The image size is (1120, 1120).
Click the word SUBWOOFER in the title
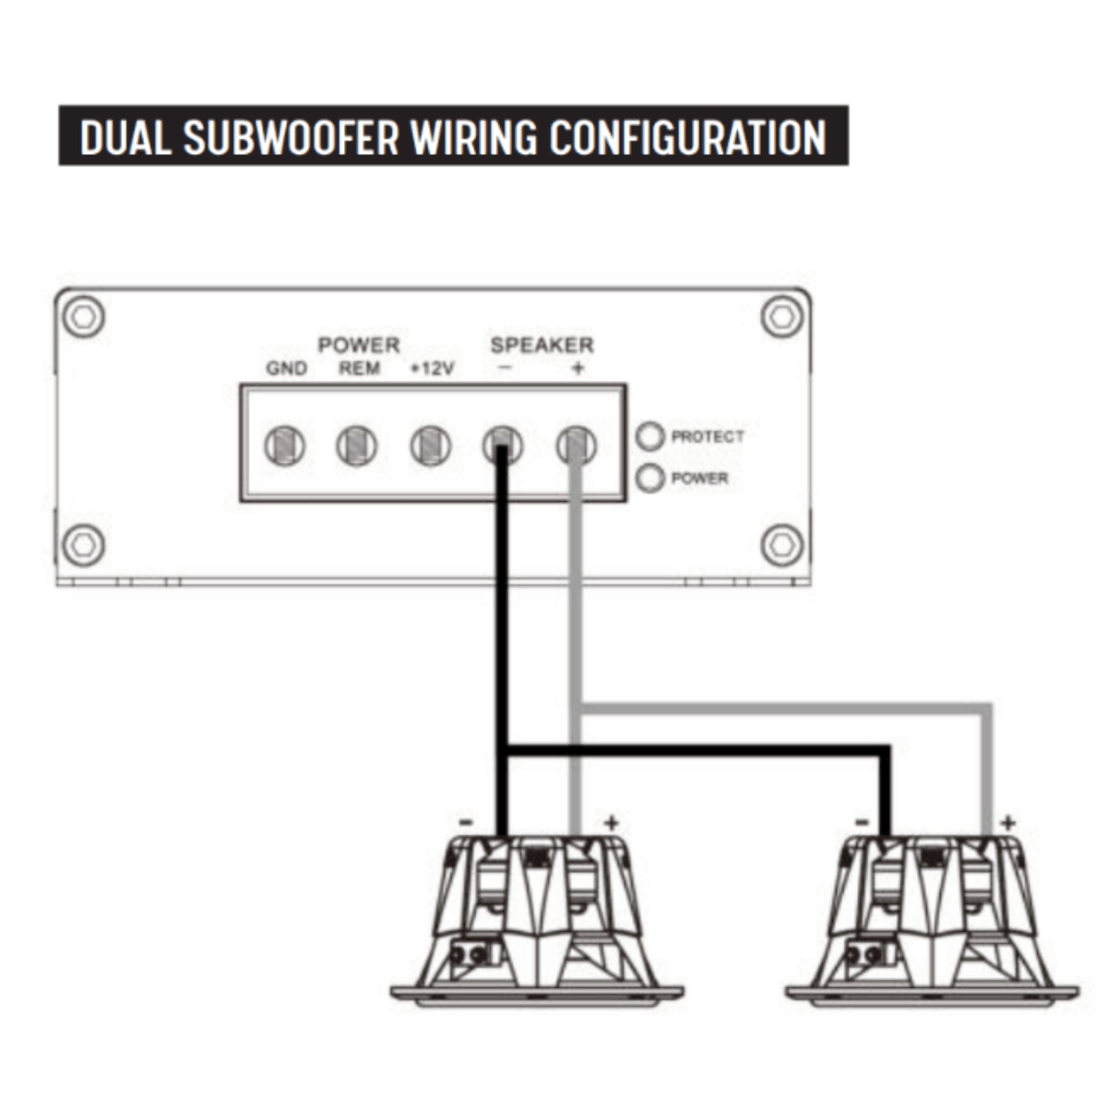coord(291,137)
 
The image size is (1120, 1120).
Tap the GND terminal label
coord(287,368)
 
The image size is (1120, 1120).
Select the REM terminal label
coord(359,368)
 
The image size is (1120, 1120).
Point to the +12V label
coord(432,368)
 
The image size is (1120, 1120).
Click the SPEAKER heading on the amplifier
coord(542,345)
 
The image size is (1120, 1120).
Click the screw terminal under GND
coord(285,447)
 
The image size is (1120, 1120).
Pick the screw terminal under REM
coord(357,447)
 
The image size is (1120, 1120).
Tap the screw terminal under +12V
coord(431,447)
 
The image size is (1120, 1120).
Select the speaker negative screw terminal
coord(503,447)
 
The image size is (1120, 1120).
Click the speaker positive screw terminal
coord(577,447)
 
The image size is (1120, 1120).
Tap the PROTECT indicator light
coord(649,436)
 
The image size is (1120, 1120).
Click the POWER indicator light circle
coord(649,478)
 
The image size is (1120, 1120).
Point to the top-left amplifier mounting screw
coord(84,316)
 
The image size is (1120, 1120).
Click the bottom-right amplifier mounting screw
coord(782,545)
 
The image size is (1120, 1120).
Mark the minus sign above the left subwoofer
coord(466,822)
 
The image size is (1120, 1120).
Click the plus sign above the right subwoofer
coord(1008,822)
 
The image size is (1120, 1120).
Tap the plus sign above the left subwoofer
coord(611,822)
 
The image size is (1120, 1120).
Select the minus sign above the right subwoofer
coord(862,822)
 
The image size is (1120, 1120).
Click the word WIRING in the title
coord(473,137)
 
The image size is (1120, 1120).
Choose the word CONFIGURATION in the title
coord(687,137)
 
